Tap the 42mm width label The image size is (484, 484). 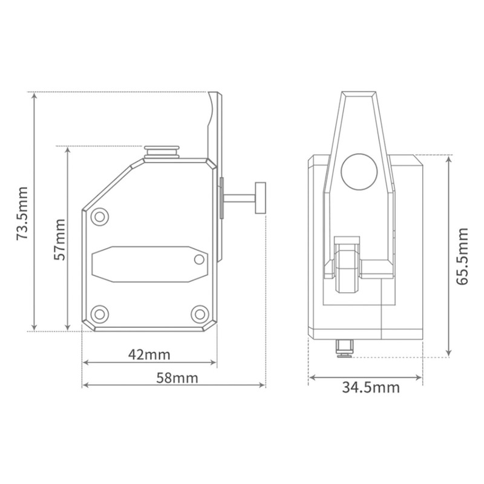[150, 354]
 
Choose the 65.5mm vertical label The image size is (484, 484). [462, 256]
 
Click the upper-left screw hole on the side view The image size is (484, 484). [99, 216]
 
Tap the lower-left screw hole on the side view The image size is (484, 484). [99, 313]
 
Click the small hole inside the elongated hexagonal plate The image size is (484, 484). [199, 260]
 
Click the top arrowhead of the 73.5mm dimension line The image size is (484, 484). [34, 96]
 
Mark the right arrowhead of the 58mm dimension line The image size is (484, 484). [263, 385]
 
